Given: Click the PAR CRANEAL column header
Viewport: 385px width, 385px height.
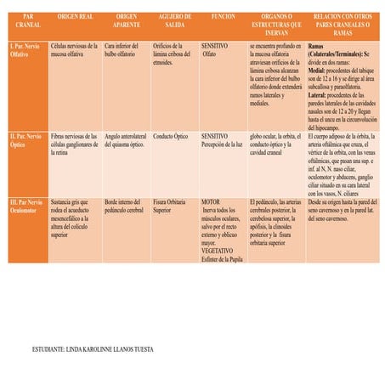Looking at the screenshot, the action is tap(28, 21).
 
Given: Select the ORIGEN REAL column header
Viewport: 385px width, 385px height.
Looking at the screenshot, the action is tap(75, 17).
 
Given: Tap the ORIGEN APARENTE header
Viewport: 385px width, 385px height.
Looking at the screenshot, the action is tap(126, 21).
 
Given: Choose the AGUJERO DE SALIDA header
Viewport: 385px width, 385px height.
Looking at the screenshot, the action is tap(175, 21).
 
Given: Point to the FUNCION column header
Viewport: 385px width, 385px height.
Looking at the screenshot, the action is tap(224, 17).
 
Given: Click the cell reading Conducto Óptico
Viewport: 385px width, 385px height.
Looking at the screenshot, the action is tap(170, 136).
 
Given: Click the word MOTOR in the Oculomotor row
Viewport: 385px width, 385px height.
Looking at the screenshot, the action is tap(211, 202).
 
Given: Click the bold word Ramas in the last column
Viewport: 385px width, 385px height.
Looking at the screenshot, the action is tap(315, 43).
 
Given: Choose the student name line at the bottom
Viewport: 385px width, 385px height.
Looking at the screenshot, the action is tap(93, 348).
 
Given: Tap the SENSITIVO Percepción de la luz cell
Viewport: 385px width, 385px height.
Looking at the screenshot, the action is tap(221, 139).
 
